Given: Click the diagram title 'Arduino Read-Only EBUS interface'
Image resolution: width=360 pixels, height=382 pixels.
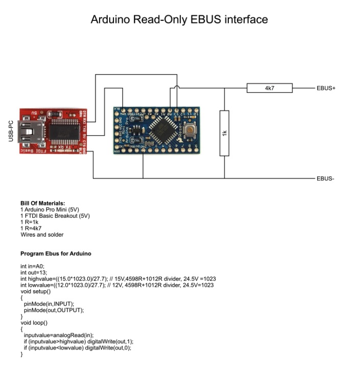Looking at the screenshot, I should (x=179, y=20).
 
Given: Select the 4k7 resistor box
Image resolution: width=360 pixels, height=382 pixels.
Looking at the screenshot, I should (x=270, y=88).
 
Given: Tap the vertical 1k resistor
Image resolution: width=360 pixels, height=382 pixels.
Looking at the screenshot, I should (x=224, y=133).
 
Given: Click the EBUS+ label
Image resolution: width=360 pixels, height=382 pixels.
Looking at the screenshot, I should (x=326, y=88).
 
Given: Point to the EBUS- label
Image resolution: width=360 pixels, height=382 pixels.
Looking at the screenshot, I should (x=325, y=179).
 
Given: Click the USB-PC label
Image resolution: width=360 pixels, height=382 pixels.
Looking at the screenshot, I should (x=11, y=131).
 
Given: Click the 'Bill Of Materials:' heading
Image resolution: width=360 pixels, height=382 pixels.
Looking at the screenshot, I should (x=43, y=203).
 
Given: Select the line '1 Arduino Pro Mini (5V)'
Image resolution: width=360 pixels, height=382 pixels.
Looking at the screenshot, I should (x=50, y=210).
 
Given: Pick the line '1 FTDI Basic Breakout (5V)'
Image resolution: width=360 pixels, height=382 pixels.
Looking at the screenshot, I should (x=55, y=216).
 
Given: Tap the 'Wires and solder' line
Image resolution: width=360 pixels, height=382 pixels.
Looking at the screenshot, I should (x=42, y=235).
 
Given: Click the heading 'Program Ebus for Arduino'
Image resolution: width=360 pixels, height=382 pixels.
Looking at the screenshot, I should (x=56, y=253).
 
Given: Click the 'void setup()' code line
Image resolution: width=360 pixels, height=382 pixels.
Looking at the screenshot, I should (x=35, y=291).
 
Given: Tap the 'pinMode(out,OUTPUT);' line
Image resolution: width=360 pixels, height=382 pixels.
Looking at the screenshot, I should (x=54, y=310).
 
